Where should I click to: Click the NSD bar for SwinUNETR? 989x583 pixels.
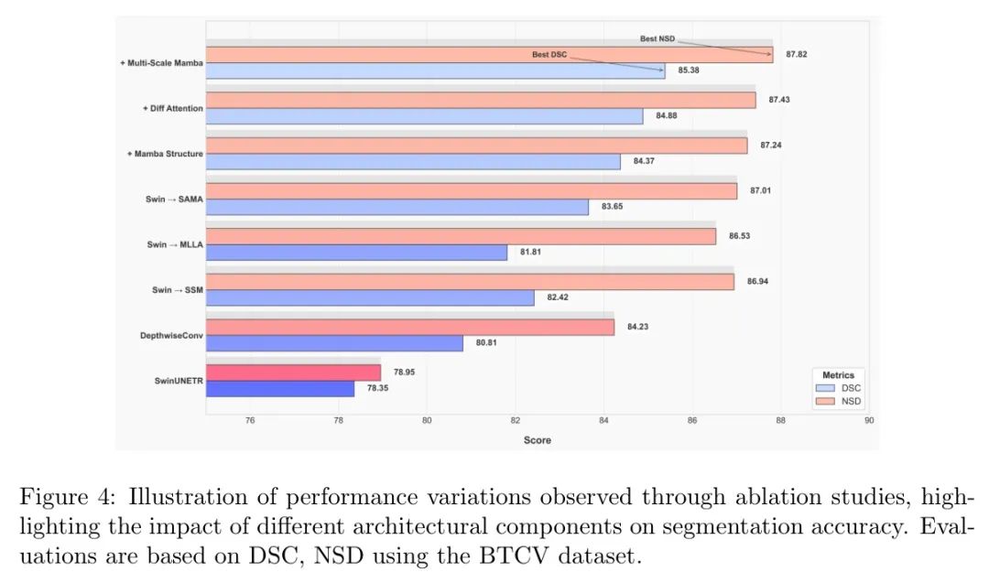point(293,372)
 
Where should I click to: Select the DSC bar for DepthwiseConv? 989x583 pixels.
point(334,343)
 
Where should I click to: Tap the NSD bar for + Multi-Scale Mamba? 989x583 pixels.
point(489,55)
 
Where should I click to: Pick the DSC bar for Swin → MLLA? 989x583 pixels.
point(356,253)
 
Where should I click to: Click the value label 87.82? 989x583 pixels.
point(795,55)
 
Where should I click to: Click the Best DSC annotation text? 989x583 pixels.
point(549,55)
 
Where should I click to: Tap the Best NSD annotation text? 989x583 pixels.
point(657,38)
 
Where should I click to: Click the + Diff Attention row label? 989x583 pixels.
point(173,108)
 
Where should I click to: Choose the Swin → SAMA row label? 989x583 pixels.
point(174,199)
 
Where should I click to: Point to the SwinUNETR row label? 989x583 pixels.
point(178,380)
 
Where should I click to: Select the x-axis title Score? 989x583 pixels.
point(538,440)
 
